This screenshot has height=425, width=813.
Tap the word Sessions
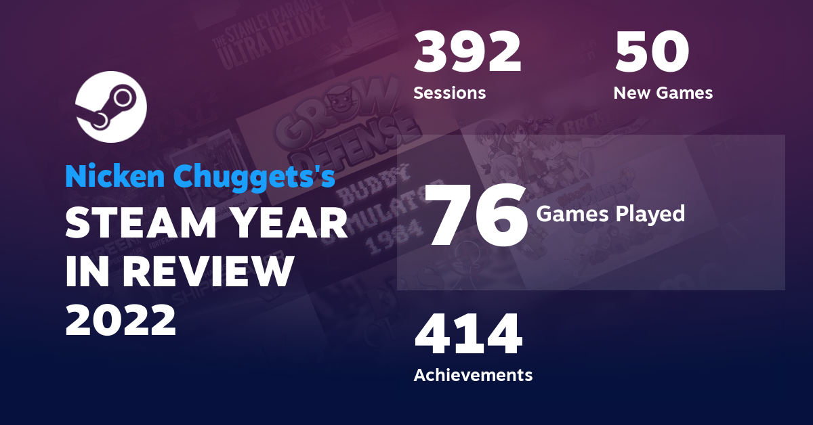coord(449,93)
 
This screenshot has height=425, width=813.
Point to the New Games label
coord(663,93)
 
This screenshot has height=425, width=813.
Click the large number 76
coord(478,215)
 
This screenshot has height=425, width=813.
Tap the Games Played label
coord(610,214)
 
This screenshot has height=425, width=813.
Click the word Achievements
coord(473,374)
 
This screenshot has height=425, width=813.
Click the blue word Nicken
coord(117,177)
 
